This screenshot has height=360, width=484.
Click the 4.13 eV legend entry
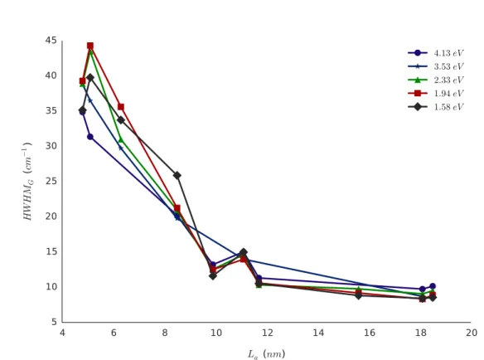436,53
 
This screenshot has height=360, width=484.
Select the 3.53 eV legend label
449,66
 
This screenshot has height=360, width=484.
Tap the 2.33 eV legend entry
436,80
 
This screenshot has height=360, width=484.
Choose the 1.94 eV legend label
449,94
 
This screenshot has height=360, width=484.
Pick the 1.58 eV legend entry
436,107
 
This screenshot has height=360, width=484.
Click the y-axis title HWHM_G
27,182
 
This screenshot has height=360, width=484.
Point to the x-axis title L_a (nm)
266,354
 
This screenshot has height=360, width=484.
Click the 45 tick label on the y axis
51,41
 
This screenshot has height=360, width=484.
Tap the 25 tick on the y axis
51,181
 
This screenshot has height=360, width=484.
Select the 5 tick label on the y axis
55,322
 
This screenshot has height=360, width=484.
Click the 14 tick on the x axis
318,333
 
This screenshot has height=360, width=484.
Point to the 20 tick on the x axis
472,333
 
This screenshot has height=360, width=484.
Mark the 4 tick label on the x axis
62,333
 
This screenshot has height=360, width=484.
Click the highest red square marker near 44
90,46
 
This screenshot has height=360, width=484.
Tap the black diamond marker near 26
177,176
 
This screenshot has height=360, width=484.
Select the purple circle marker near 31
90,137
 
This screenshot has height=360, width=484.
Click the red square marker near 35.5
121,107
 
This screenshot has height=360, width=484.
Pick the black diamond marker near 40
90,77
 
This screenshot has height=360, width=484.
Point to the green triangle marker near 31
121,140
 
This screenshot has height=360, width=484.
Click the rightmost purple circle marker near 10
433,286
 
